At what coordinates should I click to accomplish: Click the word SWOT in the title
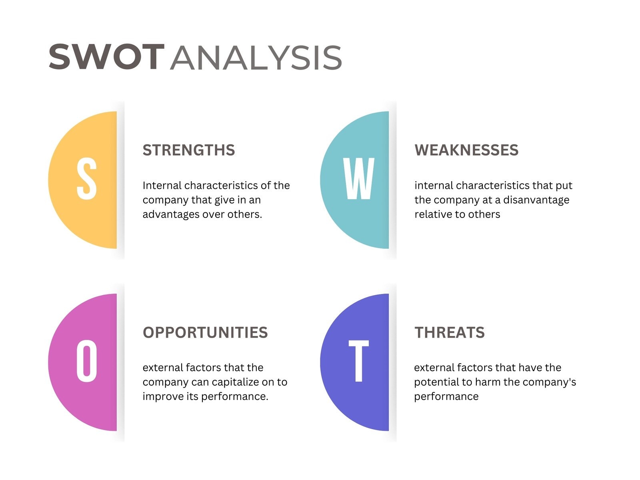106,58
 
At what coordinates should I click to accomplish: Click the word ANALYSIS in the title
256,58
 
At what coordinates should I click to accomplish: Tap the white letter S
87,179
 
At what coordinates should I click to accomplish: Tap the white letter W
359,179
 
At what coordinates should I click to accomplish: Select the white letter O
87,361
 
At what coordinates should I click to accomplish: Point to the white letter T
359,361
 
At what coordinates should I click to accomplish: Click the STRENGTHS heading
189,150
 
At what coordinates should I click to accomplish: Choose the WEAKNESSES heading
466,150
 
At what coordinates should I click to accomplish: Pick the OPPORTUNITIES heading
205,333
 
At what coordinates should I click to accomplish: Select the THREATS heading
450,333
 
